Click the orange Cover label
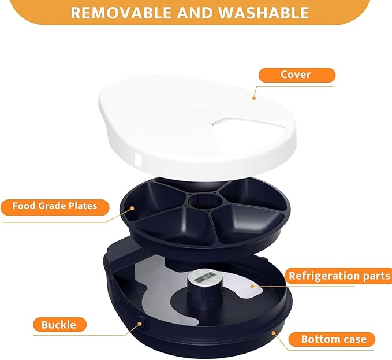point(297,75)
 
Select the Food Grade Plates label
point(55,206)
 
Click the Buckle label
point(59,325)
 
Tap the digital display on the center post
point(203,278)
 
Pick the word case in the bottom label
point(353,339)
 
